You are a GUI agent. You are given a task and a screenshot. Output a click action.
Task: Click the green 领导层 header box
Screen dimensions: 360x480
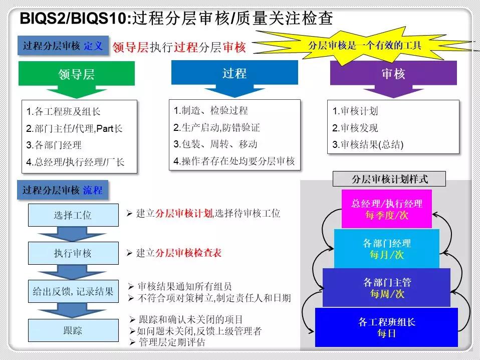click(77, 74)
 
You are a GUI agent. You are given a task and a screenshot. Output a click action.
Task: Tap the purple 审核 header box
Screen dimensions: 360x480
click(393, 73)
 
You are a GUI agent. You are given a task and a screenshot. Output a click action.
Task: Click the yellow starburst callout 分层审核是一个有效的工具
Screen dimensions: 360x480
click(364, 45)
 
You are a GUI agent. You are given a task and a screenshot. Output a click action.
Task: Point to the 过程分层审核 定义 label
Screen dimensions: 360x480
click(63, 46)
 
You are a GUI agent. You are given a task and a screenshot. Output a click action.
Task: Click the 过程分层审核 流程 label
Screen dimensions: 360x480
click(63, 190)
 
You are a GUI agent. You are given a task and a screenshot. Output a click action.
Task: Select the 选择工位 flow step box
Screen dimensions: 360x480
click(73, 215)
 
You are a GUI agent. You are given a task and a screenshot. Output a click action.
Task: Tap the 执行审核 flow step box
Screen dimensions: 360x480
click(73, 253)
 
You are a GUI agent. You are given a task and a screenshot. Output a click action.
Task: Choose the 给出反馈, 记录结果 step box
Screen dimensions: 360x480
click(73, 291)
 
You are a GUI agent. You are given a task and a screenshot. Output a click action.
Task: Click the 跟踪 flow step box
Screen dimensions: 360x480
click(73, 330)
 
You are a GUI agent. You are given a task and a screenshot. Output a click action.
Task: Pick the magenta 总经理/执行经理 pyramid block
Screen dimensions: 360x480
click(386, 209)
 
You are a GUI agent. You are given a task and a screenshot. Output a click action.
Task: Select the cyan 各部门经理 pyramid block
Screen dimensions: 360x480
click(386, 249)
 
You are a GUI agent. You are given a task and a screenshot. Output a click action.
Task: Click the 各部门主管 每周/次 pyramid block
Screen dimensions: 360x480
click(386, 288)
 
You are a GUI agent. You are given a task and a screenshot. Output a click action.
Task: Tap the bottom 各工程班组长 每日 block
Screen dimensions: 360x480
click(386, 327)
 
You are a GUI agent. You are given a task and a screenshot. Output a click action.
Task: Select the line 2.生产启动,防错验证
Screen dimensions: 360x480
click(217, 127)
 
